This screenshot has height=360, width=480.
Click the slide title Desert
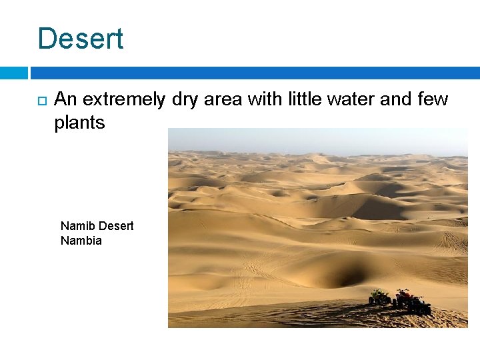click(x=81, y=39)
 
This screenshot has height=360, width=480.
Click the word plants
click(x=79, y=123)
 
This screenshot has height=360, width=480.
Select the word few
click(x=433, y=100)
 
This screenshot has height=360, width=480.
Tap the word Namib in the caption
click(x=75, y=226)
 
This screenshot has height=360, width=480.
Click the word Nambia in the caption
click(x=81, y=241)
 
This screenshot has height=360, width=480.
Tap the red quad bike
click(x=403, y=297)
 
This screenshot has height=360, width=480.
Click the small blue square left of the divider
click(x=13, y=73)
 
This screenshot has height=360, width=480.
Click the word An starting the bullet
click(x=63, y=100)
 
